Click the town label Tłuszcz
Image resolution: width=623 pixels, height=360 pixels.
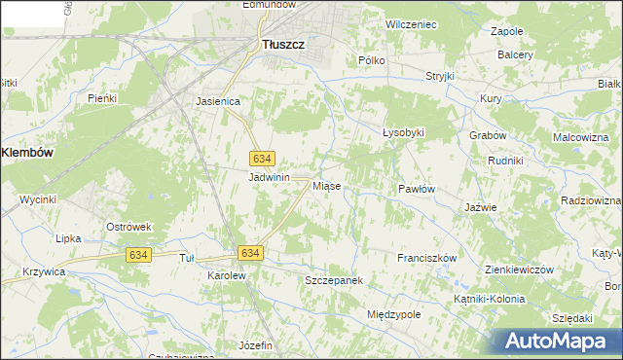tap(284, 44)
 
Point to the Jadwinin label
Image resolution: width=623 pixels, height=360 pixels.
tap(270, 177)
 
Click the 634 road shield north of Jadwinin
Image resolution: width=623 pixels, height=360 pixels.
tap(262, 158)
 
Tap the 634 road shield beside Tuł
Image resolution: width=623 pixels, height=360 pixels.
tap(138, 254)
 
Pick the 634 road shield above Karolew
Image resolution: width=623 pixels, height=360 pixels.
tap(250, 253)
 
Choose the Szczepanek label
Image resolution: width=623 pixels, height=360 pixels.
tap(333, 280)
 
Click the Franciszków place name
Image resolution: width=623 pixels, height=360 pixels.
tap(426, 258)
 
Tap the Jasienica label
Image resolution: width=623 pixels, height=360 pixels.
tap(218, 100)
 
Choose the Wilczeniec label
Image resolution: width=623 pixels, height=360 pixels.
tap(411, 22)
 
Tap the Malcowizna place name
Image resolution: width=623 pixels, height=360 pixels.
tap(580, 138)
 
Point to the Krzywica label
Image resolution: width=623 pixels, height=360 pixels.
tap(43, 272)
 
